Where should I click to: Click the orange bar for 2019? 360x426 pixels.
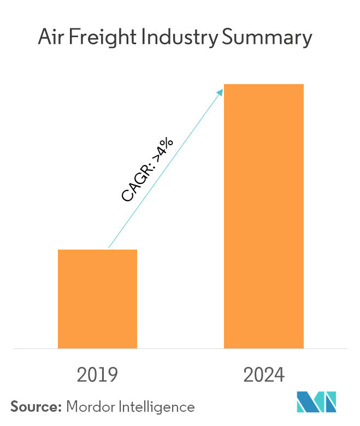pyautogui.click(x=97, y=299)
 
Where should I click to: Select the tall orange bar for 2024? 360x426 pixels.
pyautogui.click(x=264, y=216)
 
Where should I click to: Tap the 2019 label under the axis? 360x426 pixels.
pyautogui.click(x=97, y=375)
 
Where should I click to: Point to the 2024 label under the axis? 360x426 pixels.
pyautogui.click(x=264, y=375)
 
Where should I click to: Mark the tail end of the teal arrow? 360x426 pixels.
pyautogui.click(x=109, y=248)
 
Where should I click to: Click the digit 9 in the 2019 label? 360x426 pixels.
pyautogui.click(x=113, y=375)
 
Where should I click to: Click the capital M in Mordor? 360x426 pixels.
pyautogui.click(x=72, y=406)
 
